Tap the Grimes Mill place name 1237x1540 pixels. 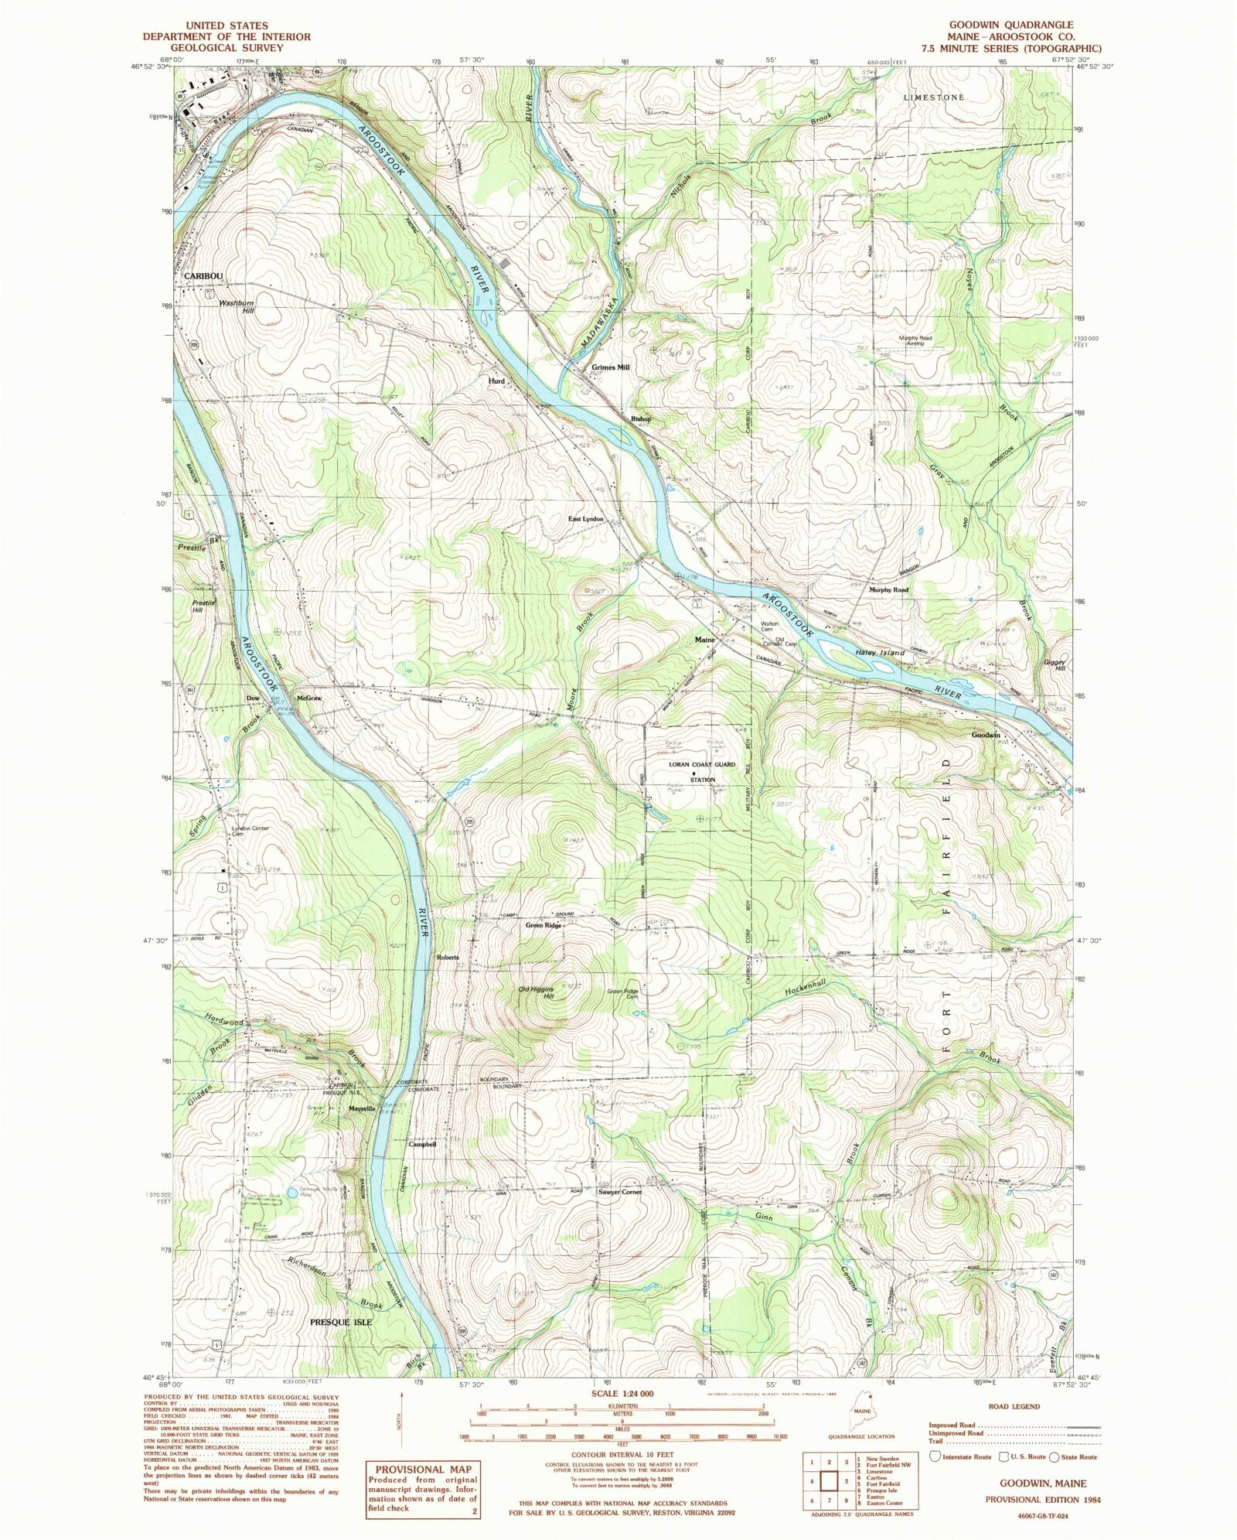(x=611, y=368)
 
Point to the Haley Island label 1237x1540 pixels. (x=880, y=653)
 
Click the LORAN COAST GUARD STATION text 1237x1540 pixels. (x=703, y=772)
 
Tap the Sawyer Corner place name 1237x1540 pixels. (x=619, y=1192)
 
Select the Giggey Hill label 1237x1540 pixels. (x=1056, y=666)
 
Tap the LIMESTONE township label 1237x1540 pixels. (x=935, y=98)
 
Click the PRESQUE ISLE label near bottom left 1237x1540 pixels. (x=340, y=1322)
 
